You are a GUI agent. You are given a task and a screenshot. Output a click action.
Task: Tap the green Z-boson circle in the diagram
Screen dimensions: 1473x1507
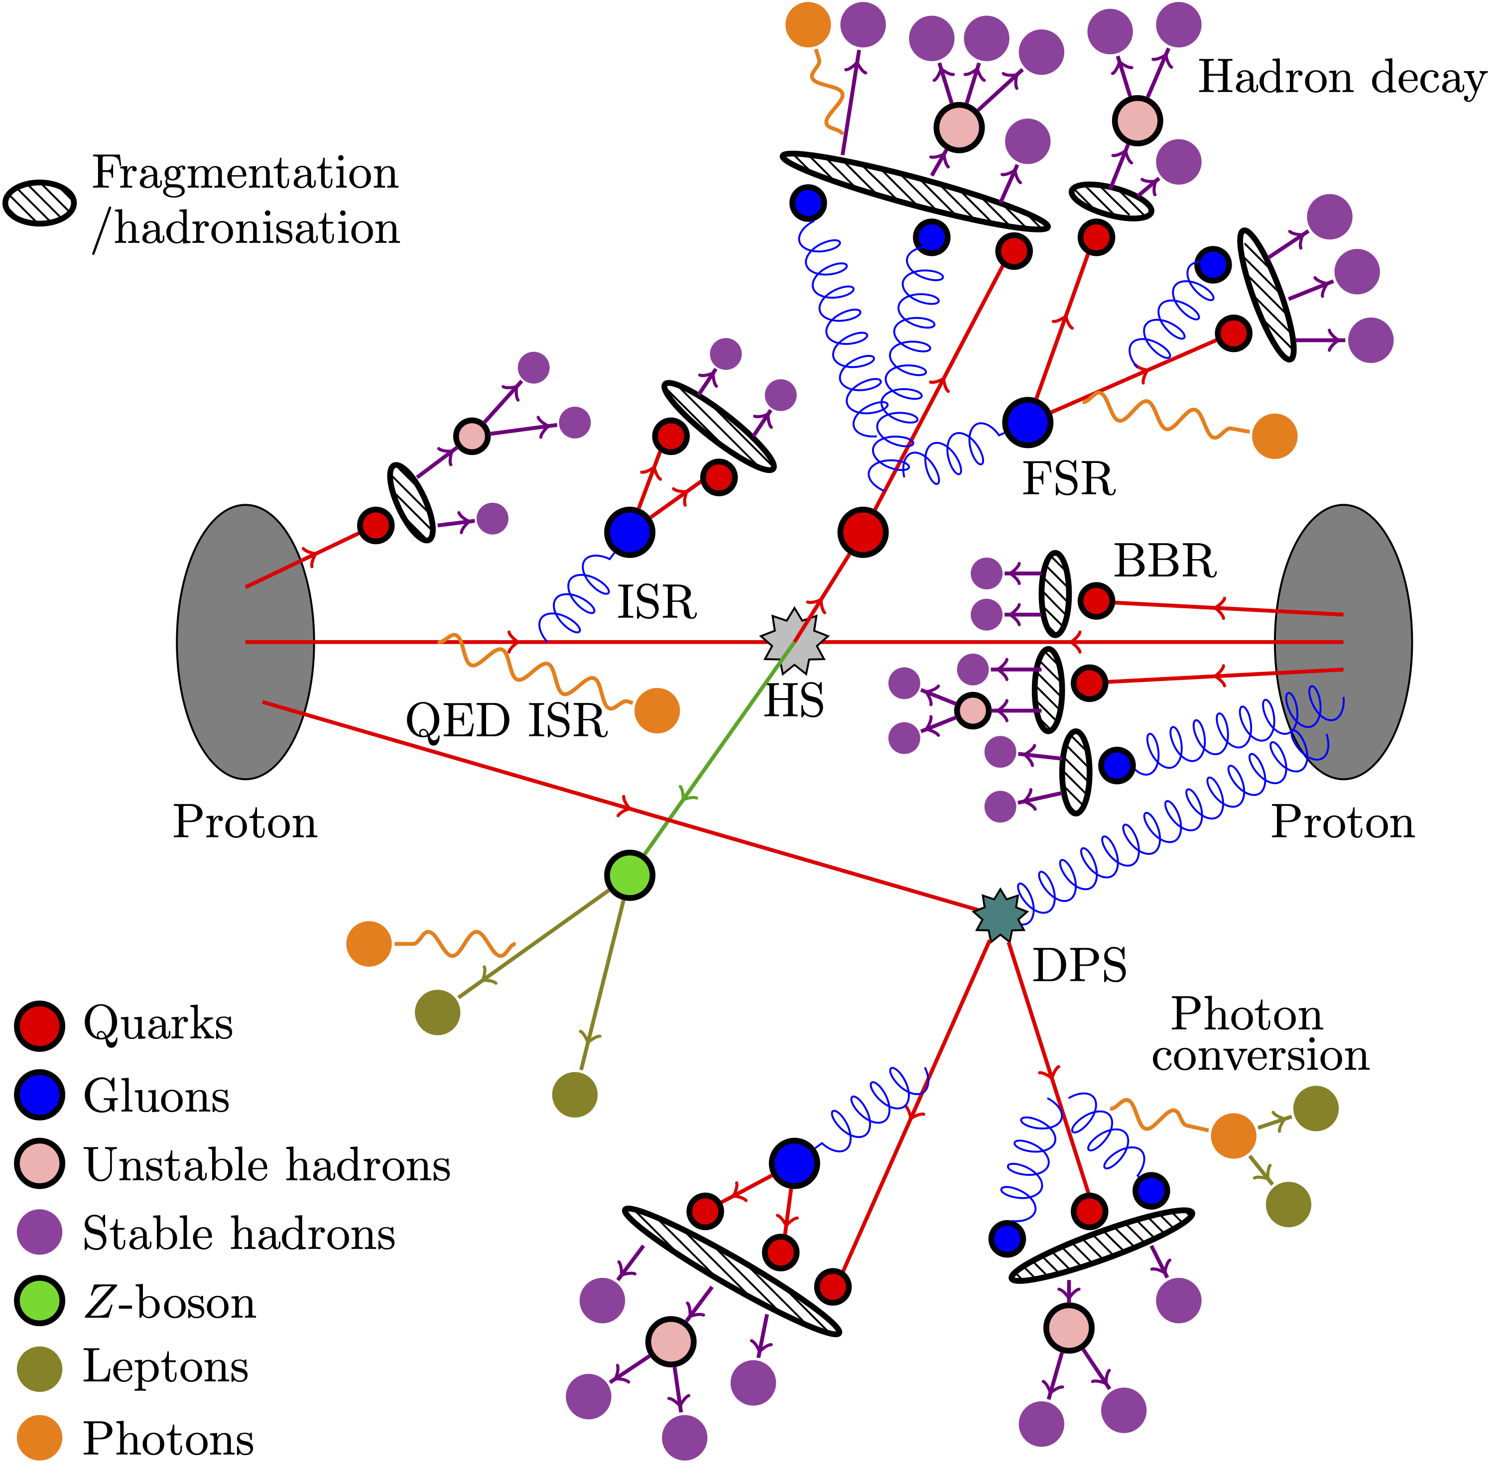click(x=629, y=875)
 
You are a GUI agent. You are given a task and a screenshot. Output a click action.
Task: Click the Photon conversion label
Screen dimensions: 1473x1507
click(x=1260, y=1035)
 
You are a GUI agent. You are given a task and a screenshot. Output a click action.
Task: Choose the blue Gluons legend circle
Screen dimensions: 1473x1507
click(x=39, y=1096)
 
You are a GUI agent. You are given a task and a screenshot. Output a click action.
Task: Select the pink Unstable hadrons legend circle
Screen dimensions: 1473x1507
click(x=39, y=1164)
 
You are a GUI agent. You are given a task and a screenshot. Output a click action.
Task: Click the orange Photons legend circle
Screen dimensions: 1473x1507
click(x=39, y=1438)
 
